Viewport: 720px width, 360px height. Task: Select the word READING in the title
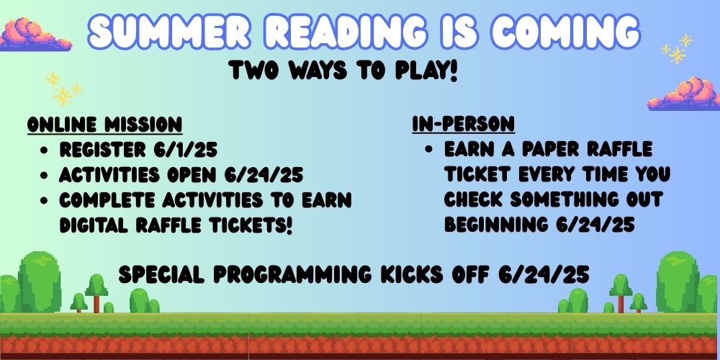(347, 32)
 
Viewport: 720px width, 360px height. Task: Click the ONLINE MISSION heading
(104, 125)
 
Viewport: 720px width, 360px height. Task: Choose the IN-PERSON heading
(463, 124)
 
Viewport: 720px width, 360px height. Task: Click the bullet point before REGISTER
(44, 150)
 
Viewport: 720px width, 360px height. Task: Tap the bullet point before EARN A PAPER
(429, 150)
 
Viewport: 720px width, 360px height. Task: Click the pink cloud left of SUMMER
(35, 35)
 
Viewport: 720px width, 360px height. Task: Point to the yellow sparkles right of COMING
(677, 49)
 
